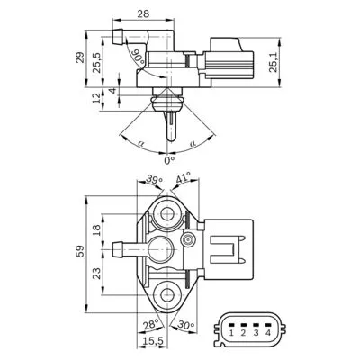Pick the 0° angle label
coord(168,160)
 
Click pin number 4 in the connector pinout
coord(267,332)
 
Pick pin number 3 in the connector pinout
coord(256,332)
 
